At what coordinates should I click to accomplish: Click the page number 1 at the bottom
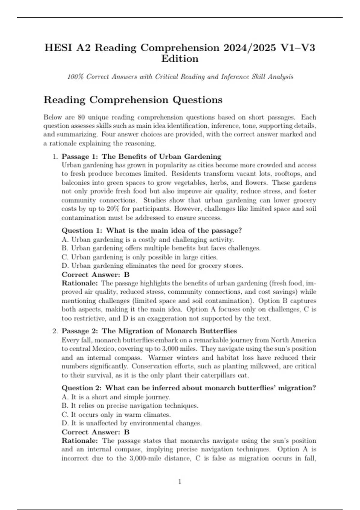(x=180, y=482)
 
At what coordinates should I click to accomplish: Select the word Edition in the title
(x=180, y=59)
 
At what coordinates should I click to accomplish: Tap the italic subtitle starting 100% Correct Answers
(x=180, y=77)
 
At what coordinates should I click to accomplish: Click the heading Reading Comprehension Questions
(x=133, y=100)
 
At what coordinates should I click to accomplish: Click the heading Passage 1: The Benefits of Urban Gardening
(x=141, y=156)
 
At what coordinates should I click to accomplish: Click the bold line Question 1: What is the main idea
(x=151, y=230)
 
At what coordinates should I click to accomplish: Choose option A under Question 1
(x=148, y=239)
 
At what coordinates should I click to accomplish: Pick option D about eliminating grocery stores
(x=152, y=266)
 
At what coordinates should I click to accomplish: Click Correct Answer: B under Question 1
(x=95, y=274)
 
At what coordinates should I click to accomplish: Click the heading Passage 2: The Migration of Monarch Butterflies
(x=149, y=331)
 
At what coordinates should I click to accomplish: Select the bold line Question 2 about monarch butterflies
(x=189, y=388)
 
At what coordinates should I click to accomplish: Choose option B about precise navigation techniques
(x=130, y=406)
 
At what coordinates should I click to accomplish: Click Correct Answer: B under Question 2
(x=95, y=432)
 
